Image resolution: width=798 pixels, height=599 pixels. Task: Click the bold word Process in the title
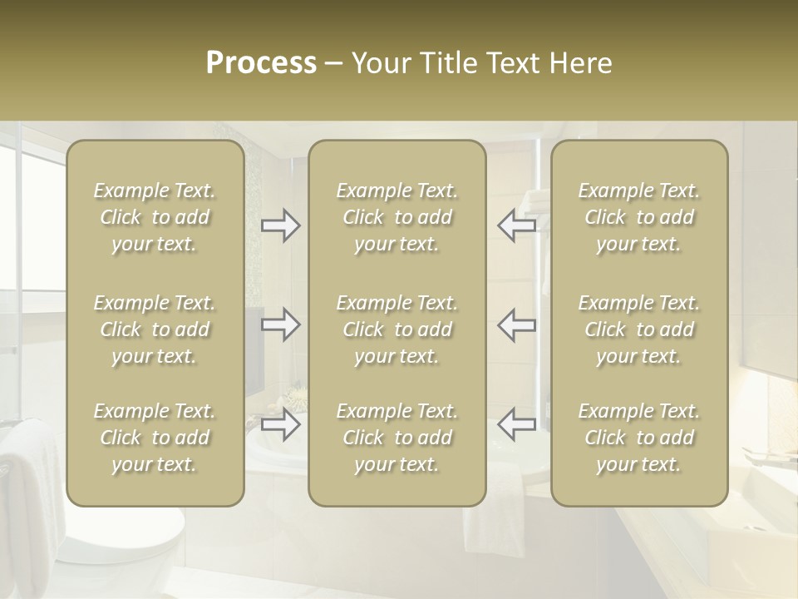261,63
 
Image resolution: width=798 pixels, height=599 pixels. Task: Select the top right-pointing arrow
281,225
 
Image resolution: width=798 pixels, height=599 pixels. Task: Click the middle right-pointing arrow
281,324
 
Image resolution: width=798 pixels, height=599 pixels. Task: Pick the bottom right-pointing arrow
281,424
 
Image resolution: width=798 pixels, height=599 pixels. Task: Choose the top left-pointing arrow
516,225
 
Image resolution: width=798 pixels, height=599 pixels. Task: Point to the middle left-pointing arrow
516,324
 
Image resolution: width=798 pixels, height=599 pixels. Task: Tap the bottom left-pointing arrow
516,424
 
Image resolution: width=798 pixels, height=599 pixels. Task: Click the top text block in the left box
155,217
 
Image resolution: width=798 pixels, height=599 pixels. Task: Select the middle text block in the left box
155,329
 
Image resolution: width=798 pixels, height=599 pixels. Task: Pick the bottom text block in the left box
155,438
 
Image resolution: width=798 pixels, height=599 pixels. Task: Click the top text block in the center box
397,217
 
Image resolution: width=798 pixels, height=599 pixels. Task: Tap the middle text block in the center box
397,329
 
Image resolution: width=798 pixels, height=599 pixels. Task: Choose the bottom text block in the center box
397,438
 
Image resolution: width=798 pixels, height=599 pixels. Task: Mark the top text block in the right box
639,217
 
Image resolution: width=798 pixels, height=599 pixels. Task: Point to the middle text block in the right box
639,329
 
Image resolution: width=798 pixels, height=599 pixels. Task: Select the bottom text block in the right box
639,438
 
